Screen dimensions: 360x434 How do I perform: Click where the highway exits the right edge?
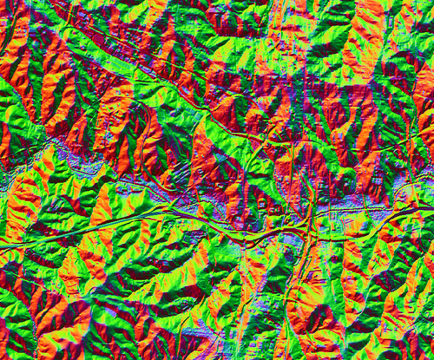(431, 206)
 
